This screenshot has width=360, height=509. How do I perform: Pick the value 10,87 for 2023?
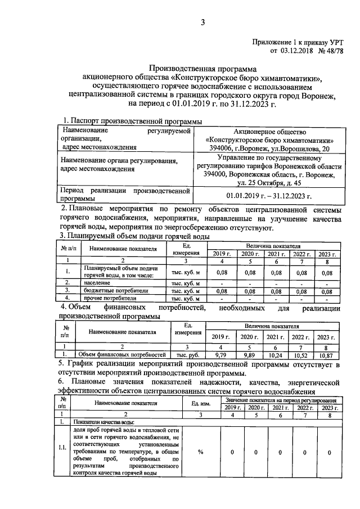pyautogui.click(x=326, y=355)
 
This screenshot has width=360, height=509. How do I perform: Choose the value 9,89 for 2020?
pyautogui.click(x=247, y=355)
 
